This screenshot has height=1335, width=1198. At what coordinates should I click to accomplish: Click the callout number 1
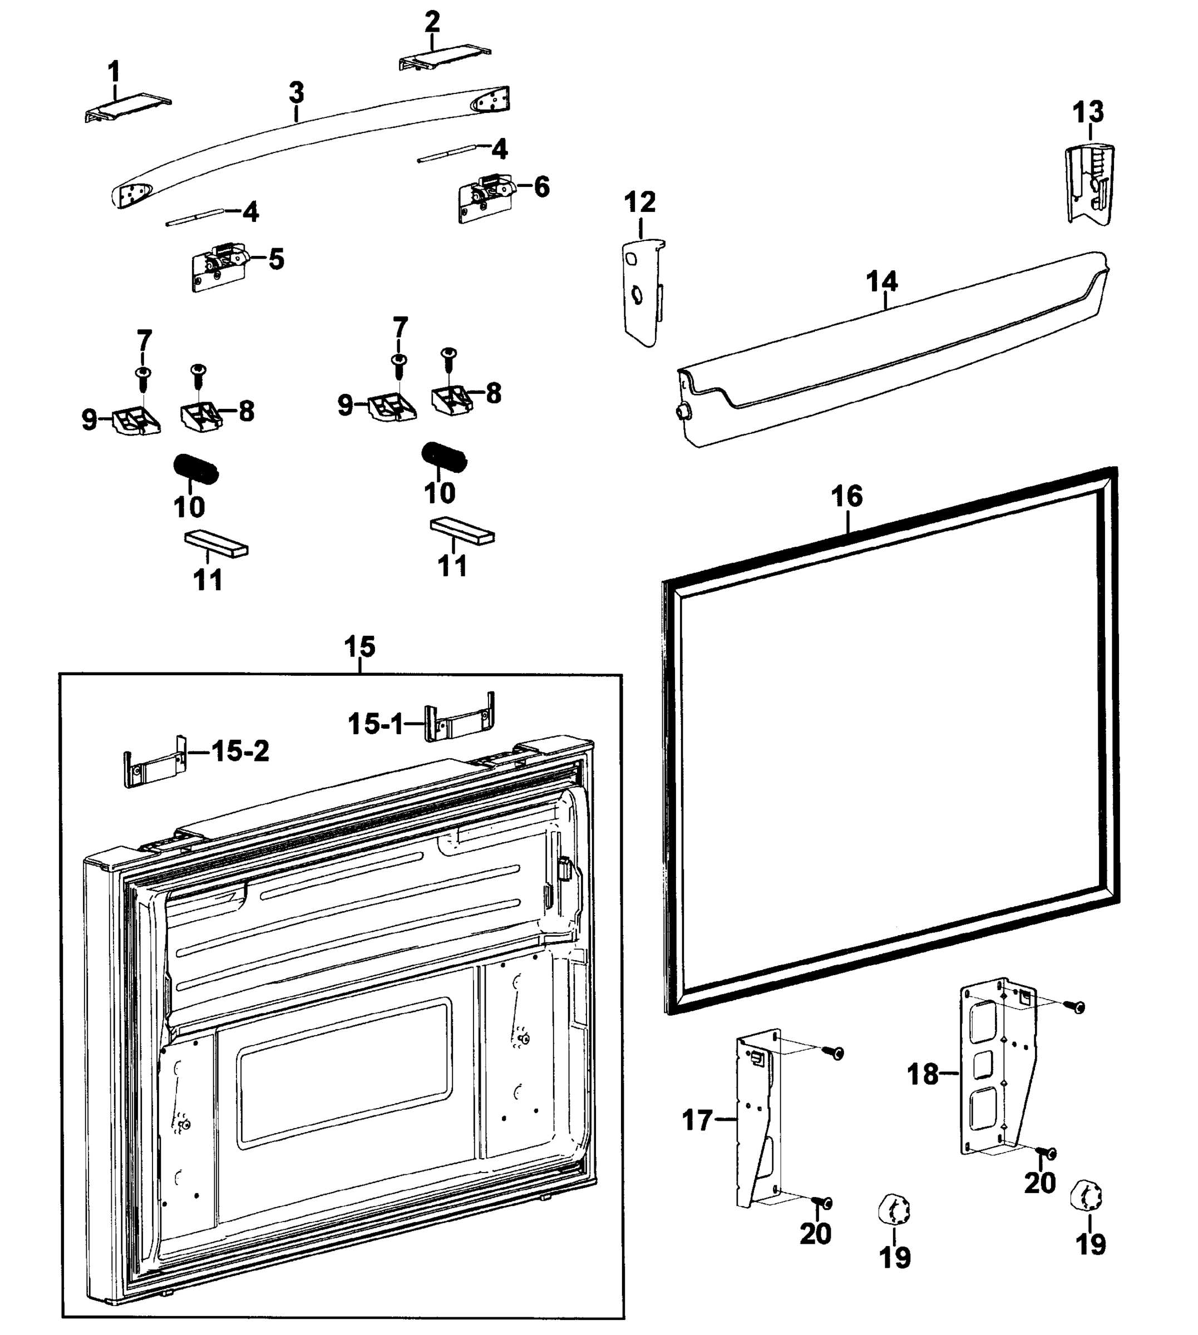(114, 71)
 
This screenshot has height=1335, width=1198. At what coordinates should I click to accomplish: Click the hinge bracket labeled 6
(486, 197)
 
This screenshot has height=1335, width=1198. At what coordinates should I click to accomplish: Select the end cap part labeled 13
(1089, 184)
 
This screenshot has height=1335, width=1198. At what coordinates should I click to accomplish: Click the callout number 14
(881, 281)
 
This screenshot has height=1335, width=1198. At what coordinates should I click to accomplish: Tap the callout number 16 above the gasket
(846, 497)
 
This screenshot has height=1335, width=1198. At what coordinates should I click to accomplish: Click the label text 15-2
(240, 751)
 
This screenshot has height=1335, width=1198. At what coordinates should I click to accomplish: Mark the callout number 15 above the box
(359, 647)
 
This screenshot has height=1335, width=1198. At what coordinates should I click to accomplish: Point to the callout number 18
(922, 1075)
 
